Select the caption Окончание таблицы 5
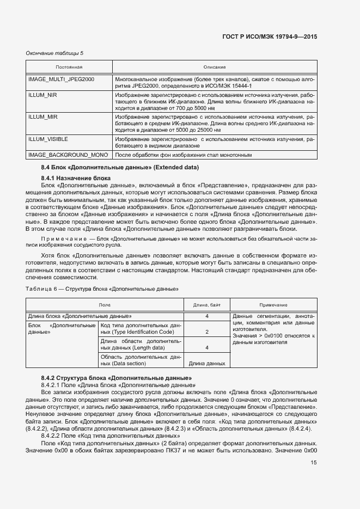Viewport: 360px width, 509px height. pyautogui.click(x=54, y=53)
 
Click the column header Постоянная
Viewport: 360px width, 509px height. pyautogui.click(x=69, y=67)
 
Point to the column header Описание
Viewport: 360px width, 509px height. pyautogui.click(x=214, y=67)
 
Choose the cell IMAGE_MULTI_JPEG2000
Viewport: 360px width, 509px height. pyautogui.click(x=61, y=79)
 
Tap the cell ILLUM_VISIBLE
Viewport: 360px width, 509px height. pyautogui.click(x=48, y=139)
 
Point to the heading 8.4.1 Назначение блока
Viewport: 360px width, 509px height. pyautogui.click(x=76, y=178)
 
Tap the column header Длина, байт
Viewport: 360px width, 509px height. pyautogui.click(x=207, y=305)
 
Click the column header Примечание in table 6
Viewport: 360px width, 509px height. pyautogui.click(x=273, y=305)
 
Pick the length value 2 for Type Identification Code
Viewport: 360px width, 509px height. pyautogui.click(x=207, y=332)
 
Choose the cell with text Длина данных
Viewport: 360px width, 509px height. pyautogui.click(x=207, y=363)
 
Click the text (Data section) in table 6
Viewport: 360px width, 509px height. pyautogui.click(x=120, y=363)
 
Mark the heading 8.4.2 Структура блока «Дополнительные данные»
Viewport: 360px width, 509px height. pyautogui.click(x=116, y=377)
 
